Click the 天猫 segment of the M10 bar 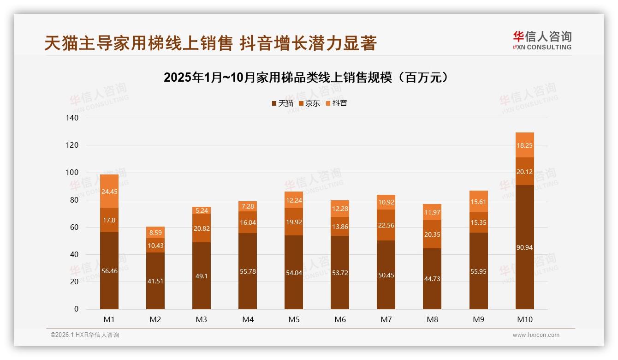[x=524, y=247]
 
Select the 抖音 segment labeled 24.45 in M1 [x=109, y=191]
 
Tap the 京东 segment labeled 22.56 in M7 [x=386, y=225]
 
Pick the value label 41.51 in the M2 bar [x=155, y=281]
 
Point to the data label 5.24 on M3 [x=202, y=210]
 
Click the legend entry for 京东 [x=309, y=103]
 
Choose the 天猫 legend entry [x=282, y=103]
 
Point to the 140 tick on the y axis [x=72, y=118]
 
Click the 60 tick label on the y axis [x=74, y=227]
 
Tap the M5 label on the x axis [x=294, y=319]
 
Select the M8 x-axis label [x=432, y=319]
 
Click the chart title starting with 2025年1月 [x=306, y=78]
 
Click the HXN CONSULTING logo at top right [x=542, y=40]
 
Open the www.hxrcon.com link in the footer [x=536, y=335]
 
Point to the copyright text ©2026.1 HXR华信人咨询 [x=84, y=335]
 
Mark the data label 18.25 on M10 [x=524, y=145]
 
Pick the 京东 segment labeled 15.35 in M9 [x=478, y=222]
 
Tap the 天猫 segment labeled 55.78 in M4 [x=248, y=271]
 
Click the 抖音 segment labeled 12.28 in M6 [x=340, y=209]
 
